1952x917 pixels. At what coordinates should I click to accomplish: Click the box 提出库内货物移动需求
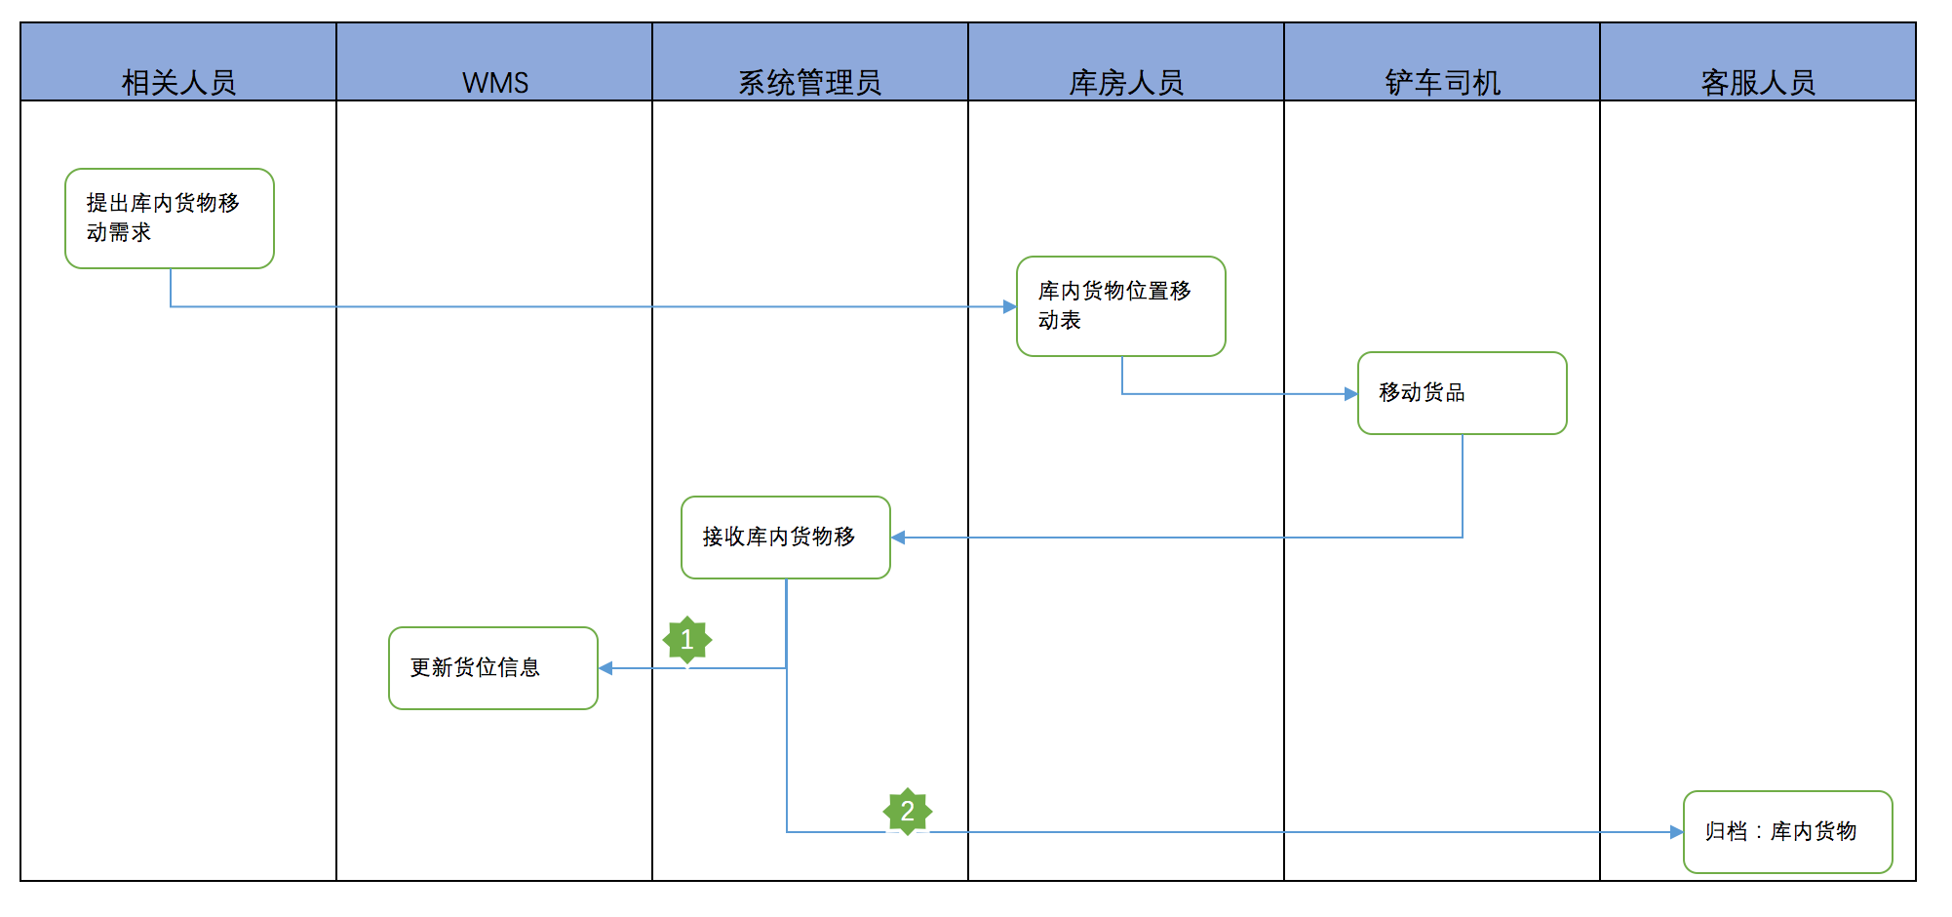pyautogui.click(x=170, y=219)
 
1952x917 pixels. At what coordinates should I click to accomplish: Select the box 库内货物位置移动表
pyautogui.click(x=1121, y=306)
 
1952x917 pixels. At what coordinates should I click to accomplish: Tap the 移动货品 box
pyautogui.click(x=1463, y=393)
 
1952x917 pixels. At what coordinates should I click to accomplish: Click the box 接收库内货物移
pyautogui.click(x=786, y=538)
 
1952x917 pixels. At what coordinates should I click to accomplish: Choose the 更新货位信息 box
pyautogui.click(x=493, y=668)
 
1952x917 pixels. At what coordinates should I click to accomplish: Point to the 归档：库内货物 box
pyautogui.click(x=1788, y=832)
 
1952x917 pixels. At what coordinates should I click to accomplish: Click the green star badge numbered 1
pyautogui.click(x=687, y=640)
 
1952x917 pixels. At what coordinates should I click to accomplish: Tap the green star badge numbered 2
pyautogui.click(x=908, y=812)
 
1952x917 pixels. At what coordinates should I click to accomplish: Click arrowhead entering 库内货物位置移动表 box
pyautogui.click(x=1009, y=307)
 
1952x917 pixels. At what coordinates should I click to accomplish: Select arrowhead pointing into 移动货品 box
pyautogui.click(x=1350, y=394)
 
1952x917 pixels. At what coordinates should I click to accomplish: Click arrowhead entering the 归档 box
pyautogui.click(x=1676, y=832)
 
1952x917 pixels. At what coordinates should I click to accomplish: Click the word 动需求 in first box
pyautogui.click(x=119, y=233)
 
